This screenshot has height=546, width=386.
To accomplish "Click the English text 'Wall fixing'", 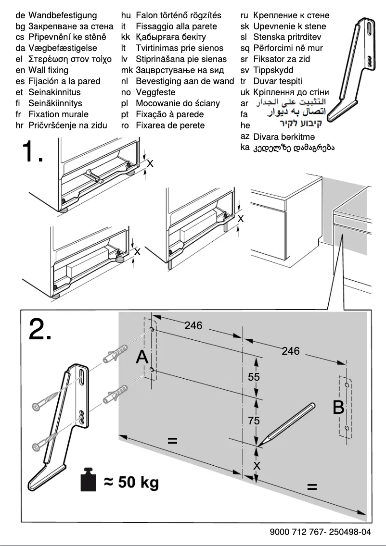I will click(x=48, y=70).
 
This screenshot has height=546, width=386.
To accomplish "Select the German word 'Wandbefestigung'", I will click(x=63, y=15).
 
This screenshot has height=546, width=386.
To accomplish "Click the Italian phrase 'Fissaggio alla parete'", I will click(x=176, y=26).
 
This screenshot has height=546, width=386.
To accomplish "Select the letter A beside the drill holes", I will click(x=142, y=357).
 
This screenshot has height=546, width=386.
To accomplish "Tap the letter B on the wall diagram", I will click(x=338, y=408).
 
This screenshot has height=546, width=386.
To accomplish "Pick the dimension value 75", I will click(x=254, y=421).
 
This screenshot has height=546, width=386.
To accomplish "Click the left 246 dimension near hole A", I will click(x=193, y=325).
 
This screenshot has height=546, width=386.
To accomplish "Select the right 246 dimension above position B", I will click(x=291, y=351).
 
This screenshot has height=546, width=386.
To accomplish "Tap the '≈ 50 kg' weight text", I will click(x=131, y=482).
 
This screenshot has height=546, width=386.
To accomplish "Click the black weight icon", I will click(x=89, y=480).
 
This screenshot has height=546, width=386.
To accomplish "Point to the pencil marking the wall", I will click(x=286, y=422).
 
